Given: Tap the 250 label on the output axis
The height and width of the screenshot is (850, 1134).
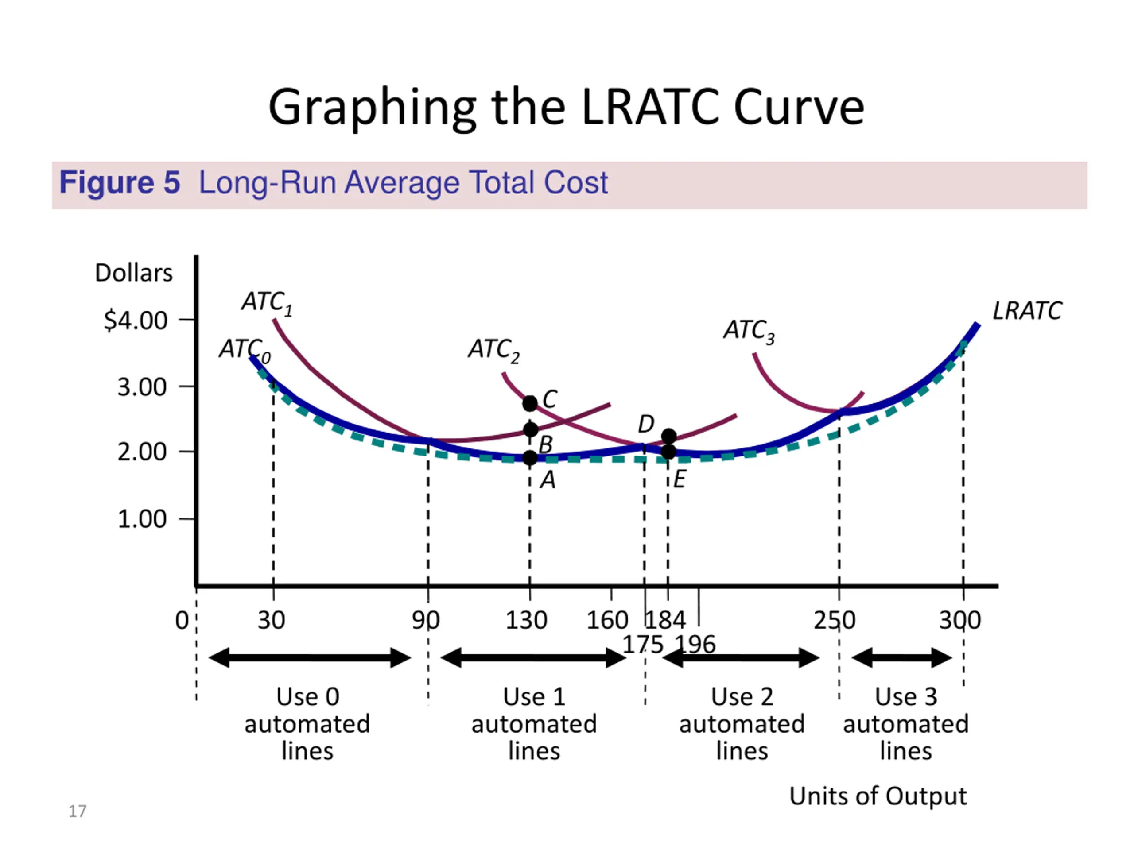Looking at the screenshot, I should tap(834, 621).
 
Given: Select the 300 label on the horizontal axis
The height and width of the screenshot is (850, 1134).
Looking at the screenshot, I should tap(960, 621).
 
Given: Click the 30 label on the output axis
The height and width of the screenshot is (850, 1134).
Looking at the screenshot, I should tap(271, 621).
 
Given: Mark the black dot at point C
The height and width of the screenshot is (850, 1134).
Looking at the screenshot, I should tap(530, 403).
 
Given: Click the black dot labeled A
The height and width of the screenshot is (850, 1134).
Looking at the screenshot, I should tap(530, 457).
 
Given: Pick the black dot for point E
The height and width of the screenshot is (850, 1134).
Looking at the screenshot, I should tap(668, 452).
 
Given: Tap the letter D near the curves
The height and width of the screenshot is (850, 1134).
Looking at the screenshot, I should tap(646, 424).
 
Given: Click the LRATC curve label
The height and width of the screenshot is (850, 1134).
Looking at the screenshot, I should tap(1027, 311).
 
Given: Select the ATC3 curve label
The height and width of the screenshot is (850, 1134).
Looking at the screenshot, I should tap(749, 330).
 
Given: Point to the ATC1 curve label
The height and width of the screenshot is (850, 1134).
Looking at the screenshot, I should tap(267, 302).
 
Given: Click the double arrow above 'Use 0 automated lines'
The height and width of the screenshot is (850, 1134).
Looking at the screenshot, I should tap(310, 658).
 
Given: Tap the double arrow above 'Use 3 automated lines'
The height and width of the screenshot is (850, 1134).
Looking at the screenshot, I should tap(901, 658).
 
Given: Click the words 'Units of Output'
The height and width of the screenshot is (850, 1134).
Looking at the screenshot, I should tap(878, 796).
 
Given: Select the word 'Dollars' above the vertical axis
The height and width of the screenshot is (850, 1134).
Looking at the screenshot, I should tap(134, 273).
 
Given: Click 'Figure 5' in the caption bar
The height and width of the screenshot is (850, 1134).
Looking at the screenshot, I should tap(120, 182).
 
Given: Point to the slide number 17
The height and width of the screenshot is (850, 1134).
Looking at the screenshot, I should tap(78, 811).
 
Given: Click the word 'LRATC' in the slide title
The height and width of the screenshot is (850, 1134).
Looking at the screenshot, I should tap(651, 108).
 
